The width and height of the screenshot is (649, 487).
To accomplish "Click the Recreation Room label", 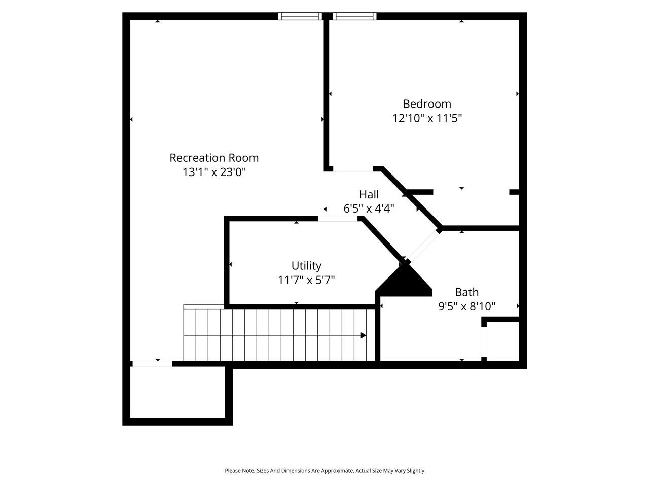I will point(214,158).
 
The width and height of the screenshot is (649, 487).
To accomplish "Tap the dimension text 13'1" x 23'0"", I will point(214,172).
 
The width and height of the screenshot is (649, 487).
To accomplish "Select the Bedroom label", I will point(427,104).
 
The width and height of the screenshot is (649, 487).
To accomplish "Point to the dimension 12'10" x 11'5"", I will point(427,118).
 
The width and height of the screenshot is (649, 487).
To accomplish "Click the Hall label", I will point(369,194).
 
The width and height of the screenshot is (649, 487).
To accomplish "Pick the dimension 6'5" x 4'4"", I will point(369,208).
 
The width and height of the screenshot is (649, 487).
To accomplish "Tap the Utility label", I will point(306,266).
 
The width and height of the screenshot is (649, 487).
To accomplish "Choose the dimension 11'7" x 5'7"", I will point(306,280).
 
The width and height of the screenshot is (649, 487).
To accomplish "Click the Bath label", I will point(466,292).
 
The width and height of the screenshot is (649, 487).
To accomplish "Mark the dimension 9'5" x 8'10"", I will point(466,306).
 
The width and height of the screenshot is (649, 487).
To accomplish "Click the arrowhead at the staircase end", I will point(363,335).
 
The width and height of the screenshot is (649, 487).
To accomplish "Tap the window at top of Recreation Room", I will point(300,16).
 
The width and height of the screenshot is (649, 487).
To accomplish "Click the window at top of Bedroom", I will point(354,16).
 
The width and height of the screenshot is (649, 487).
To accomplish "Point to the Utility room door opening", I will point(338,219).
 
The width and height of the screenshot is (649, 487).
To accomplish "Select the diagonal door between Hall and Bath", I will point(422,247).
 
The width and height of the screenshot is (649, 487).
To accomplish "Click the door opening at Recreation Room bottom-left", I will point(152,364).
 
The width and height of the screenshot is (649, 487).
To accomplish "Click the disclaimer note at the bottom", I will point(324,471).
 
